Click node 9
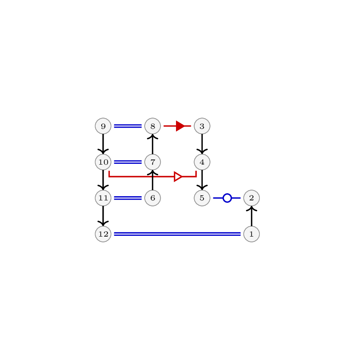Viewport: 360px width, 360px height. click(103, 126)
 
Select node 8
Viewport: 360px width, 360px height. click(153, 126)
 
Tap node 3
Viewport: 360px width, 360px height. click(202, 126)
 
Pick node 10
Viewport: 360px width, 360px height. click(103, 162)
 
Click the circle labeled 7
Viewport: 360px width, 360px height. click(153, 162)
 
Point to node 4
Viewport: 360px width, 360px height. click(202, 162)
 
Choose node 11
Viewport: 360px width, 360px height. click(103, 198)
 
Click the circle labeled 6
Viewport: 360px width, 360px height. click(153, 198)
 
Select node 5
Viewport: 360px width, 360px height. click(202, 198)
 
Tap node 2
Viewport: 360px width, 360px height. click(252, 198)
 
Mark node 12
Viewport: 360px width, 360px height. click(103, 234)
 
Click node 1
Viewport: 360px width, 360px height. click(252, 234)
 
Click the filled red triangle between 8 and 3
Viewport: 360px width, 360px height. click(180, 126)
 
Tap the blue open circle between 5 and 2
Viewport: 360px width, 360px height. click(227, 198)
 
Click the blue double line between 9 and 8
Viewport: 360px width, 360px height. click(128, 126)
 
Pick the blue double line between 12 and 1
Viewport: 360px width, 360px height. click(177, 234)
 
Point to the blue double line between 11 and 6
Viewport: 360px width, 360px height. click(128, 198)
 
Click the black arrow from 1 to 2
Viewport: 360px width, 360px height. click(252, 216)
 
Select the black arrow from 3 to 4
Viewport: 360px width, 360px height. click(202, 144)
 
